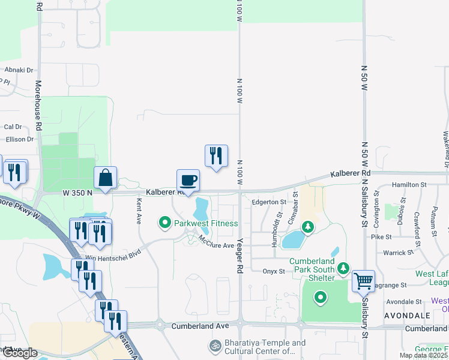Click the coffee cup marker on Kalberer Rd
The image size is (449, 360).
coord(188,181)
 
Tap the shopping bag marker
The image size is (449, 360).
coord(105,178)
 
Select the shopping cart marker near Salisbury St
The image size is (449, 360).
coord(363,280)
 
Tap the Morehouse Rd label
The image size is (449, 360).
coord(38,106)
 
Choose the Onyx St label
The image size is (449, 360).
coord(273,271)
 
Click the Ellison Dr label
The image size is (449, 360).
coord(19,139)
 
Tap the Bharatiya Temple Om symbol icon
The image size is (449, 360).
coord(214,346)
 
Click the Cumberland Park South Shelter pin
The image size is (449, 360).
coord(343,268)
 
